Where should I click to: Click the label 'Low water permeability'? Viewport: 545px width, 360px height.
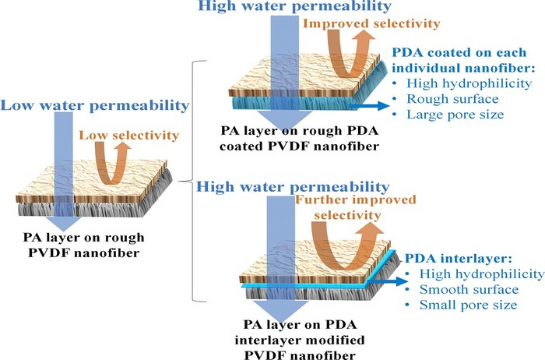pyautogui.click(x=95, y=105)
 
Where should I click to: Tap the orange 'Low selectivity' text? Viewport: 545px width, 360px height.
pyautogui.click(x=129, y=135)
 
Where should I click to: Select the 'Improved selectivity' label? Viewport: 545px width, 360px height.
pyautogui.click(x=371, y=23)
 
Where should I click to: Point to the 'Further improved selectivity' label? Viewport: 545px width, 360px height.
pyautogui.click(x=356, y=207)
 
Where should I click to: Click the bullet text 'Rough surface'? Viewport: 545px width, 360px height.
pyautogui.click(x=452, y=99)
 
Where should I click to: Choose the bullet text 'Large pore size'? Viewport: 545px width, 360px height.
pyautogui.click(x=455, y=115)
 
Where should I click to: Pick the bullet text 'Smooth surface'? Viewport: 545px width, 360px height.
pyautogui.click(x=469, y=289)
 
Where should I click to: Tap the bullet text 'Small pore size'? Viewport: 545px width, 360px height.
pyautogui.click(x=468, y=305)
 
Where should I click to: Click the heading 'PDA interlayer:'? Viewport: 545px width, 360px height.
pyautogui.click(x=459, y=259)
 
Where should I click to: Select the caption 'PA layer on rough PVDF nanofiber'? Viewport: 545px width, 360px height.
pyautogui.click(x=84, y=245)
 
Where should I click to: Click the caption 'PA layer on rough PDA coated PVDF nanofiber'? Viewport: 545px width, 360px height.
pyautogui.click(x=299, y=139)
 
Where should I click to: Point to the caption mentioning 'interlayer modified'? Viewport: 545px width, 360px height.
pyautogui.click(x=300, y=340)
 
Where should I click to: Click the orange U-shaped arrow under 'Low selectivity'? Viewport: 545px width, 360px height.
pyautogui.click(x=111, y=163)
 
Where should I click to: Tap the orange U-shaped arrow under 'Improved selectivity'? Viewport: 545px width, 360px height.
pyautogui.click(x=352, y=53)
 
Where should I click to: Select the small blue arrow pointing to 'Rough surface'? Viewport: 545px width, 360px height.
pyautogui.click(x=369, y=106)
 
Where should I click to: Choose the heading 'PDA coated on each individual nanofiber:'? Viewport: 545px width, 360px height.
pyautogui.click(x=463, y=60)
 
